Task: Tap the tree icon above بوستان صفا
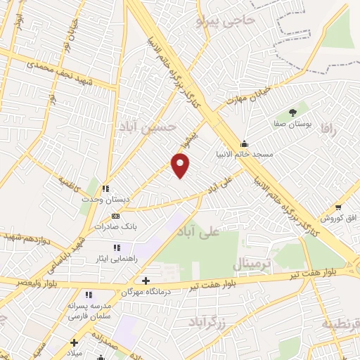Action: tap(293, 112)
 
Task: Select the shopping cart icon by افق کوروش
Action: tap(338, 207)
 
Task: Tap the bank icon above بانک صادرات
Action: tap(115, 217)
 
